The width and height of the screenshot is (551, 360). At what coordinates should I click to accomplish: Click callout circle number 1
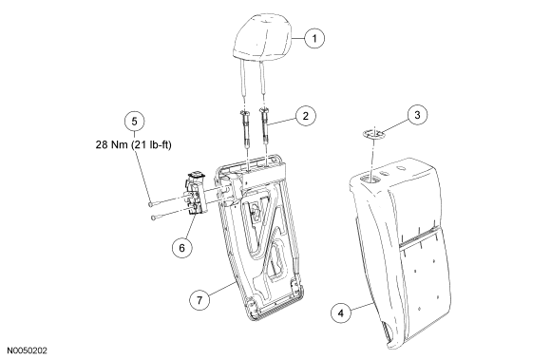(x=314, y=38)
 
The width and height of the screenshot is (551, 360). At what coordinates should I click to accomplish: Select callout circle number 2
(x=305, y=116)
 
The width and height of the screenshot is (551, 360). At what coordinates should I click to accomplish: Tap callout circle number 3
(x=417, y=115)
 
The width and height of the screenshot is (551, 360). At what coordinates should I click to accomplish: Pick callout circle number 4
(x=341, y=313)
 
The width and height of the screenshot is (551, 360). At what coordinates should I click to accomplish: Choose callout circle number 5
(x=135, y=122)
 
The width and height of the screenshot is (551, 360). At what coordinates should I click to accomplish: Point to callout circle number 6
(x=181, y=248)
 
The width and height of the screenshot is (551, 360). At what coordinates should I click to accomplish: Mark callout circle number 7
(x=199, y=300)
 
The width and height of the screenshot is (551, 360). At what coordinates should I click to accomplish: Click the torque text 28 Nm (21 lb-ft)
(x=134, y=144)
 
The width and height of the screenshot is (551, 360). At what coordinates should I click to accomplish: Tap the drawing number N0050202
(x=28, y=351)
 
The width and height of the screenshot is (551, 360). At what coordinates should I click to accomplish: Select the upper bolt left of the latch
(x=165, y=201)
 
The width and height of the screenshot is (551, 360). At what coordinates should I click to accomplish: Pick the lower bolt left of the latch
(x=169, y=215)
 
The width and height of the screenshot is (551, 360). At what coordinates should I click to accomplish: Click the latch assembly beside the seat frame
(x=196, y=193)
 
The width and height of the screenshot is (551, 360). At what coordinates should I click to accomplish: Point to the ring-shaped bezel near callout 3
(x=372, y=134)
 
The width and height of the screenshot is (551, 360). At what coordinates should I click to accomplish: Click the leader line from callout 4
(x=361, y=307)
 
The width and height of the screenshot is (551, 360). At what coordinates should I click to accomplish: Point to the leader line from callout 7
(x=222, y=290)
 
